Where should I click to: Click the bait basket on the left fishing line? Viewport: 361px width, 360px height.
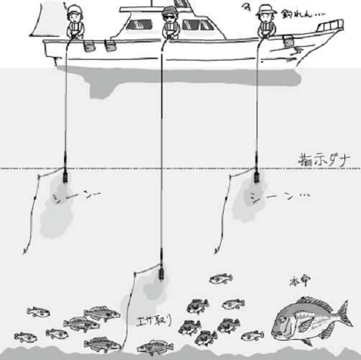tap(65, 175)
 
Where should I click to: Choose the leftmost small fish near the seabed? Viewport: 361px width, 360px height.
tap(25, 336)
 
